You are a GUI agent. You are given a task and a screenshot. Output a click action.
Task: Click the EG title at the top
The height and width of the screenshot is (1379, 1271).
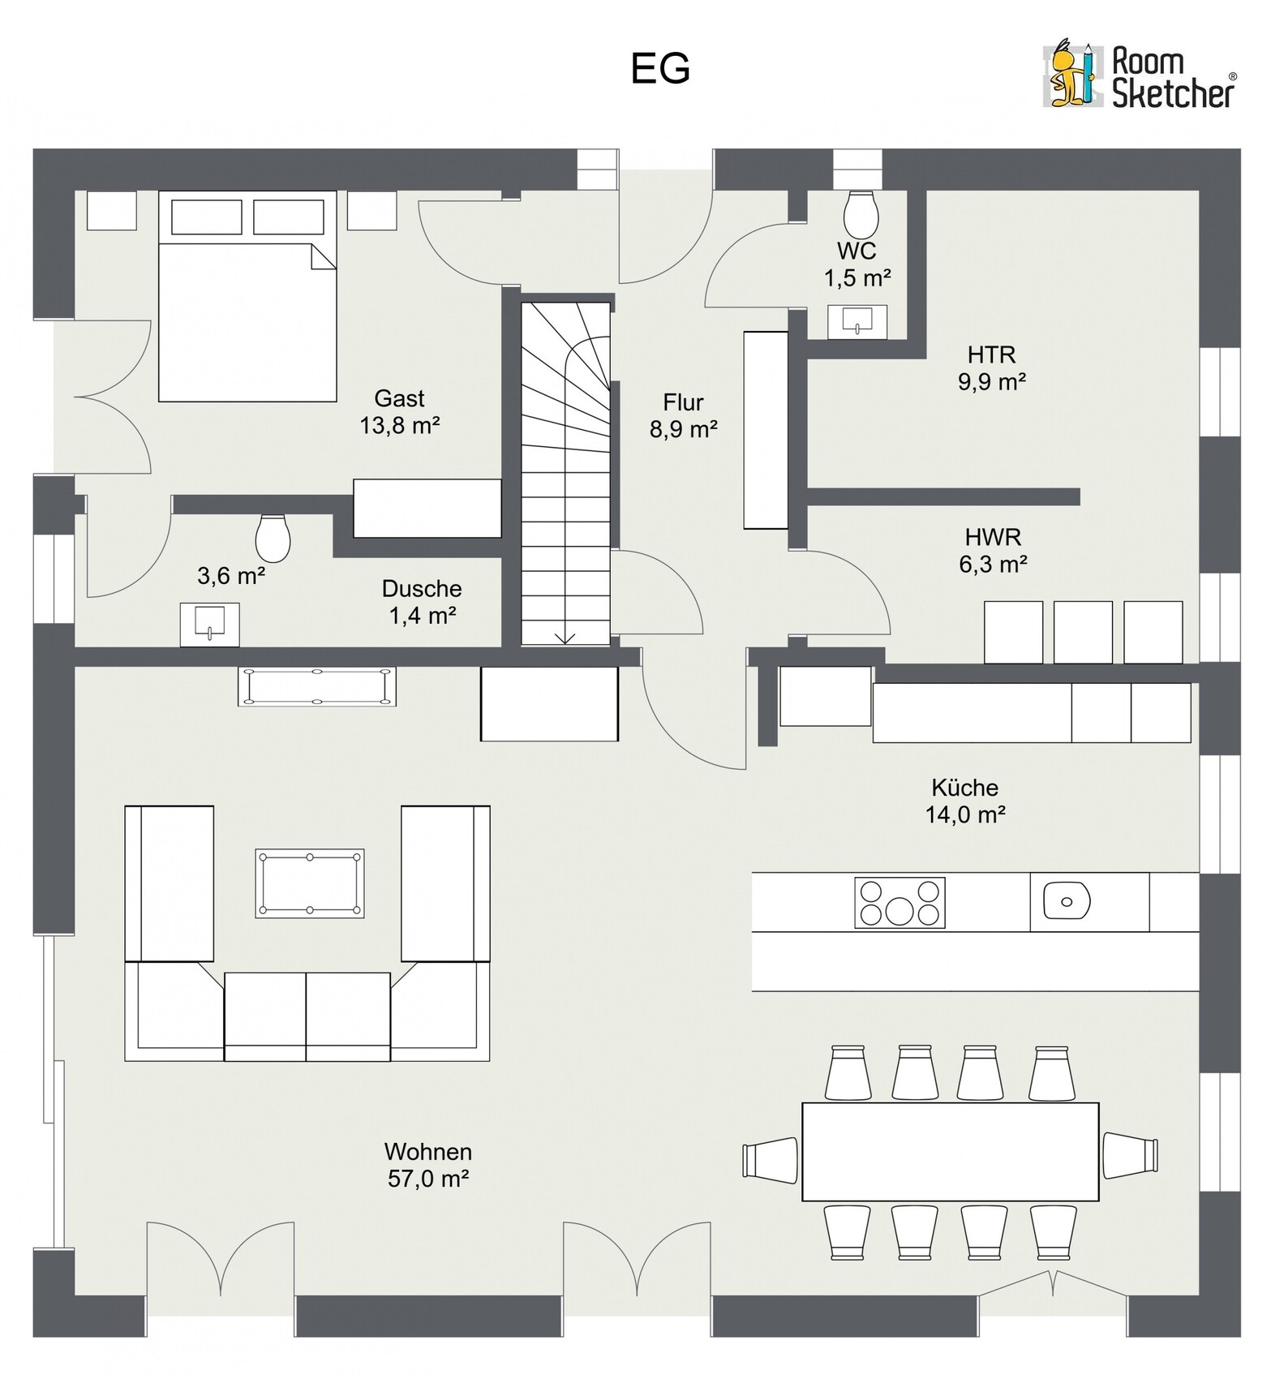pos(660,69)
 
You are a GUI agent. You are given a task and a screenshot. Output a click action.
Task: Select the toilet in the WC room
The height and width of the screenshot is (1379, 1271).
pos(861,214)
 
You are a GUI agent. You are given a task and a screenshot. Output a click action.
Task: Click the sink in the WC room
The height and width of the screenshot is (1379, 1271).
pos(857,322)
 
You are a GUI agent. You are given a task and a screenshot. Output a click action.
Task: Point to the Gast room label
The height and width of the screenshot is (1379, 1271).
pos(399,398)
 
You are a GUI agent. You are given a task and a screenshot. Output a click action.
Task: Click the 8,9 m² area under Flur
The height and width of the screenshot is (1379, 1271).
pos(683,429)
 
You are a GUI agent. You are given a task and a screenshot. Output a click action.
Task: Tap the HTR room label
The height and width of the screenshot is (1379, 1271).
pos(991,354)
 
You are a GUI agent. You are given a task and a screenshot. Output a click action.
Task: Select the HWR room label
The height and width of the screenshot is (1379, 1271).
pos(993,537)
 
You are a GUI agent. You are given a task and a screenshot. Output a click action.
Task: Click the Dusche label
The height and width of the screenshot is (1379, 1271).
pos(422,588)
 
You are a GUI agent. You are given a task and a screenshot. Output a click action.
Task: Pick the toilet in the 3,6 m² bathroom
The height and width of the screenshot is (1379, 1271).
pos(273,538)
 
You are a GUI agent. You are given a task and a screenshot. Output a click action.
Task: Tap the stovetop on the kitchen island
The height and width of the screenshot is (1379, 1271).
pos(900,903)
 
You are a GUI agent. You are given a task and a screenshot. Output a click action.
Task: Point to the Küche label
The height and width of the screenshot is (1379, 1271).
pos(964,788)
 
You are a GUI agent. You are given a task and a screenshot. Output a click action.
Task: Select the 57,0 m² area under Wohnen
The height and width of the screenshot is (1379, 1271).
pos(428,1179)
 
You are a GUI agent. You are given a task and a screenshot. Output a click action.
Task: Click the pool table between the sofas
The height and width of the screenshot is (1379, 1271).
pos(310,883)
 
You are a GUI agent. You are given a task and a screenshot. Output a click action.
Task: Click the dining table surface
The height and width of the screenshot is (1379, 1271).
pos(950,1152)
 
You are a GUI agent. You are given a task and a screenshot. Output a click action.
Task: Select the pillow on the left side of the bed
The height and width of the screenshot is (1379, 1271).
pos(207,217)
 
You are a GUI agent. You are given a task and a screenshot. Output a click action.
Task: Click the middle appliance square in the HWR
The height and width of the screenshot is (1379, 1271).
pos(1083,633)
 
